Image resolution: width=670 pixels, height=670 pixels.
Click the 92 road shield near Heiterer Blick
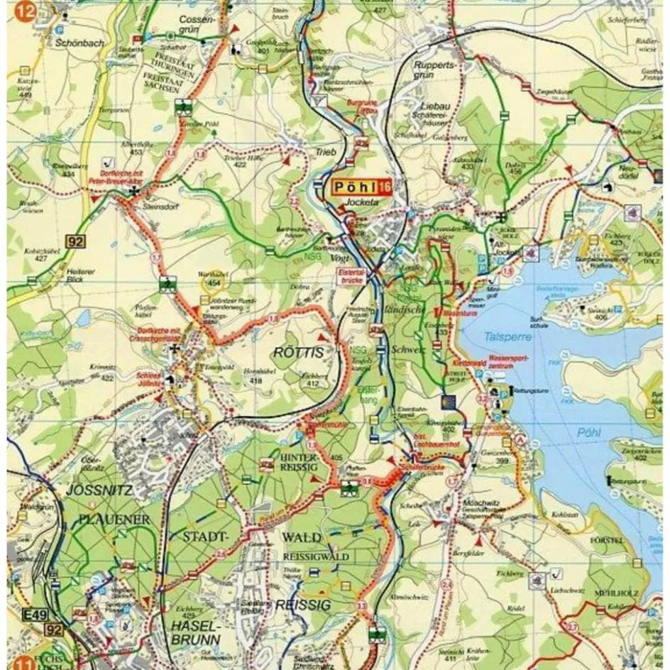coord(76,241)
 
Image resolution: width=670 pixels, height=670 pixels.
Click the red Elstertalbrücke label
coord(353,275)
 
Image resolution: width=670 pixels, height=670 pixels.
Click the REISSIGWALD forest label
coord(316,556)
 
